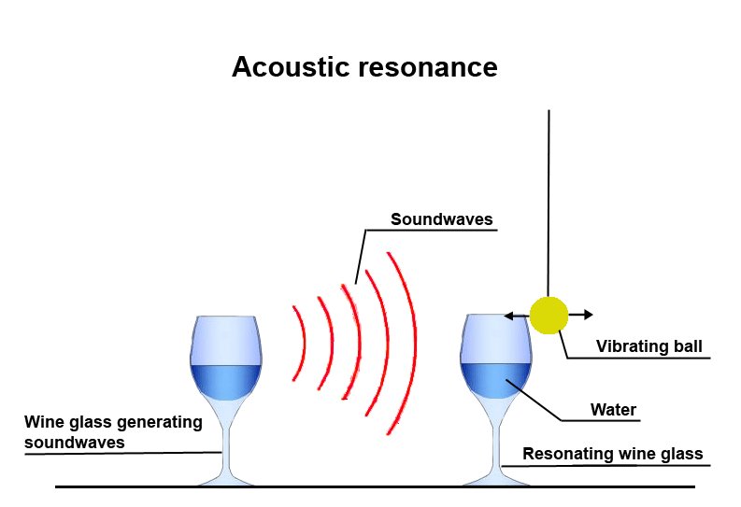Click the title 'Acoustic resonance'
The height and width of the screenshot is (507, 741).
tap(364, 68)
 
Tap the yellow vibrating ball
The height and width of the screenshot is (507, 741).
tap(549, 316)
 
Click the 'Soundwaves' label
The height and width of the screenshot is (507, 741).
tap(442, 220)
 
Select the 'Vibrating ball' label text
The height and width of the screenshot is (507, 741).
tap(648, 347)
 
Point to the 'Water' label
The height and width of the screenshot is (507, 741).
tap(613, 409)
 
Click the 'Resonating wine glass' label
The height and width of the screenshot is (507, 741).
tap(612, 455)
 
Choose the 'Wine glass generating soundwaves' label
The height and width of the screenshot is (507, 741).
tap(113, 432)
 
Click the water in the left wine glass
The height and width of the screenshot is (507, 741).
tap(224, 382)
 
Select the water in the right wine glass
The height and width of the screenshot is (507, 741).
tap(496, 384)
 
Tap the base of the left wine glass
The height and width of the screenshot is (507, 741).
tap(224, 479)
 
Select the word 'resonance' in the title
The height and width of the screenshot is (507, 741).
tap(421, 68)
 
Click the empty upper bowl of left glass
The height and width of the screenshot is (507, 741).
tap(224, 339)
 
